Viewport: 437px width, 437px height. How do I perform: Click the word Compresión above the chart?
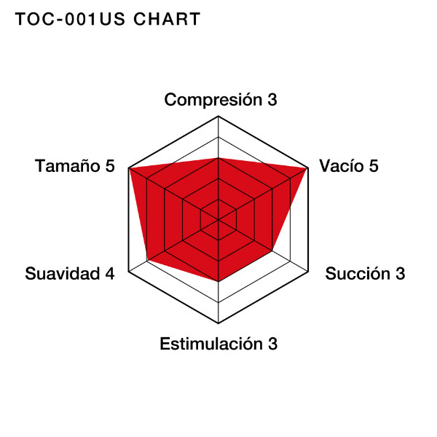point(213,100)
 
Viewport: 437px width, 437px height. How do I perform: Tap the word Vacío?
point(342,166)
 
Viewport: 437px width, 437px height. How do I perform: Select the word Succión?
point(358,273)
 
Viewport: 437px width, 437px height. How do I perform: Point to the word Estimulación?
point(211,344)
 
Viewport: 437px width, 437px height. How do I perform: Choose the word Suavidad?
point(63,273)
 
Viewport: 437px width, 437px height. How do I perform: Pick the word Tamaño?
point(68,166)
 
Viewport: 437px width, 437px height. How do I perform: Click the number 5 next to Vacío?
point(374,166)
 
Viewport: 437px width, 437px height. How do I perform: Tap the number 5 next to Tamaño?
point(110,166)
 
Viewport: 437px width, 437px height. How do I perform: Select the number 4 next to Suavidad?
point(110,273)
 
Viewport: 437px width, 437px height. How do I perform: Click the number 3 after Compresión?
point(272,100)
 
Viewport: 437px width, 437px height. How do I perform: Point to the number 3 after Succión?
point(401,273)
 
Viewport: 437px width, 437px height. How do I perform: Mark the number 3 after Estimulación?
point(273,344)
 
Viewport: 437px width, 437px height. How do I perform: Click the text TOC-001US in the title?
point(70,19)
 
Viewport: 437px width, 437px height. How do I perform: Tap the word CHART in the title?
point(167,19)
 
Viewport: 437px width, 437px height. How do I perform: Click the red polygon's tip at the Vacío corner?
point(307,168)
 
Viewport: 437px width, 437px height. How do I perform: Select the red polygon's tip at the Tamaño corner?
point(129,168)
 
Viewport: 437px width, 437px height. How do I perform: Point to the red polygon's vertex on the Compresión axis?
point(219,158)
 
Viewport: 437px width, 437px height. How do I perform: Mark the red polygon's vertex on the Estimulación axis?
point(219,281)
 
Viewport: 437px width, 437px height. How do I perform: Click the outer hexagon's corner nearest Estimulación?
point(219,323)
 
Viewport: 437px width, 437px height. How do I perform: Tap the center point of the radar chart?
point(219,220)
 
